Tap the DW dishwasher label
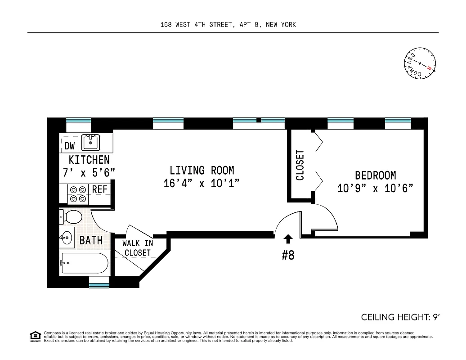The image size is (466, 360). click(x=69, y=146)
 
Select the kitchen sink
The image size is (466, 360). click(x=91, y=143)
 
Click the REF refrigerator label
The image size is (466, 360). click(x=99, y=189)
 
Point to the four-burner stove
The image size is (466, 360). click(x=77, y=194)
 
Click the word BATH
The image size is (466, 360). click(x=91, y=241)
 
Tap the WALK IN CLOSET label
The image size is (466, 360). click(x=138, y=248)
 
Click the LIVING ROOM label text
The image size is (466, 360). click(x=202, y=171)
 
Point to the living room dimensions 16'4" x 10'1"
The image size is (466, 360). click(x=202, y=184)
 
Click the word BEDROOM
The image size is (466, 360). click(x=375, y=175)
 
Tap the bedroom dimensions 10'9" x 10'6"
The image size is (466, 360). click(x=375, y=188)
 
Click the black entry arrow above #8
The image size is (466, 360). click(x=288, y=238)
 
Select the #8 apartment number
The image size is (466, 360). click(x=288, y=256)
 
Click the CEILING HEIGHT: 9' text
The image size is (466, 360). click(x=400, y=317)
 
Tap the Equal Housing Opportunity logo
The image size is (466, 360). click(x=35, y=336)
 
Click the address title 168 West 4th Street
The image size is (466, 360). click(x=228, y=25)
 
